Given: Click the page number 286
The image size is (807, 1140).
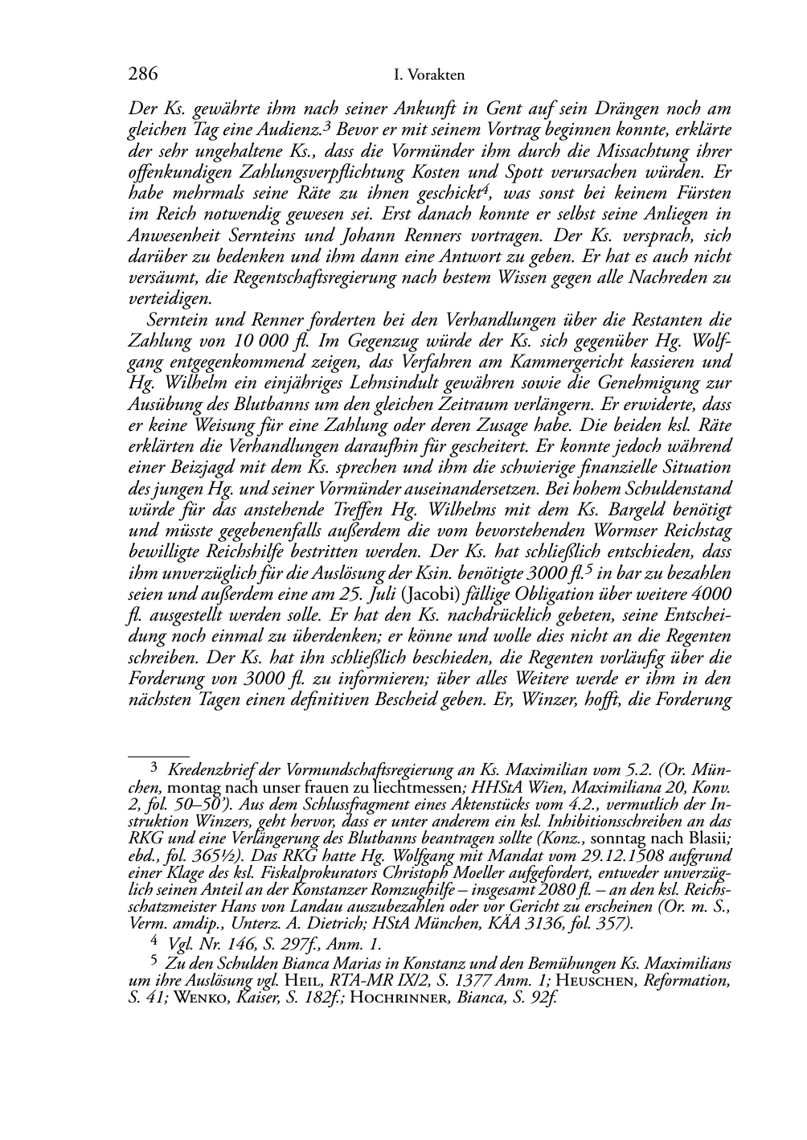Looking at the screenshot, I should point(142,75).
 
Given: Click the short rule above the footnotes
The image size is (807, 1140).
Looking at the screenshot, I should point(159,757).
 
